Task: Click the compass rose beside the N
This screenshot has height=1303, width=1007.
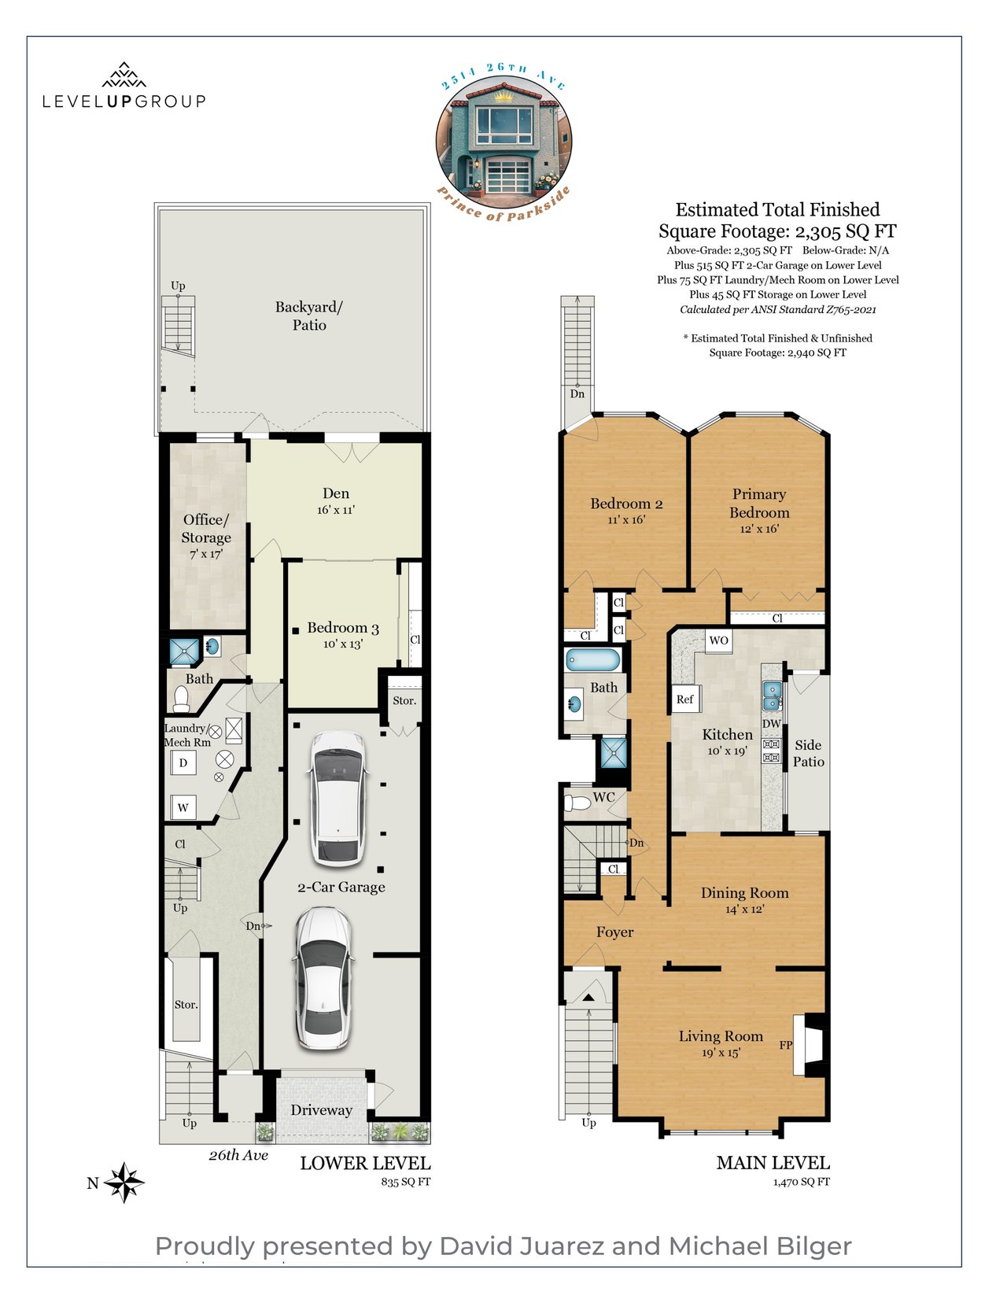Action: pos(124,1183)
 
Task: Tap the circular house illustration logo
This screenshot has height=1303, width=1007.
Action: pos(503,142)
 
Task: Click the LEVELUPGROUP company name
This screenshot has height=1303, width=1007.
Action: pos(124,102)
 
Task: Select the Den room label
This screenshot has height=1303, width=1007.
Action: pos(336,493)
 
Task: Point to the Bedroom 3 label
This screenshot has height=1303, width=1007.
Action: pos(343,628)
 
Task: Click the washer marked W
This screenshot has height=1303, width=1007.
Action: pos(183,808)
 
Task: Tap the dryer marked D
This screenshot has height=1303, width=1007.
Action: pos(183,762)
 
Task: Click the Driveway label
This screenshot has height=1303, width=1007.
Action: pos(321,1110)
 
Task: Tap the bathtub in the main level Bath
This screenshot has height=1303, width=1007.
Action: pos(593,660)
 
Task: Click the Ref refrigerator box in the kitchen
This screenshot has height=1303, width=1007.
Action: pos(685,699)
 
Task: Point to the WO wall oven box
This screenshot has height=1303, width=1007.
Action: pos(719,640)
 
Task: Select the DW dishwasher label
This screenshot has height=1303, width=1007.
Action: pos(772,724)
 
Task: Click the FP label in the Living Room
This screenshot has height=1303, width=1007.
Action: pos(786,1045)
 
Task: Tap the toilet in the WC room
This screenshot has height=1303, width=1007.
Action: pos(577,803)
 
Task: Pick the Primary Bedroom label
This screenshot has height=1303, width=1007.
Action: pos(759,503)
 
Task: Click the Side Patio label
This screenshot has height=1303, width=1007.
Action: pos(809,753)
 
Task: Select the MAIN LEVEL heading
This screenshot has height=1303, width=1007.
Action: pos(773,1163)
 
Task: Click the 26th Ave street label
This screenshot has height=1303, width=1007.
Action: pos(238,1155)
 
